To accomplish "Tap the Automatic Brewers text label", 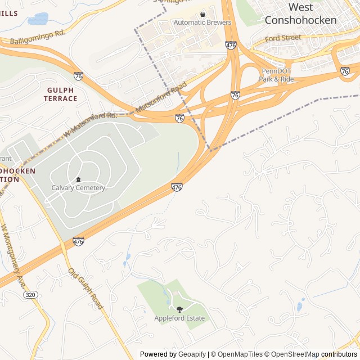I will coord(202,22).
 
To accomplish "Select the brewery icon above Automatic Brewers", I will coord(202,14).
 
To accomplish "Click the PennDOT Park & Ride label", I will coord(276,75).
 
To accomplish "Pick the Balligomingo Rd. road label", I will coord(38,37).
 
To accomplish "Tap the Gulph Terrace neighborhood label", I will coord(61,94).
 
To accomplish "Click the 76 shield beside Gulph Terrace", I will coord(78,76).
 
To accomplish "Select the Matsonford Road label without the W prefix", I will coord(160,97).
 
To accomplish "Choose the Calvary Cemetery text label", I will coord(78,188).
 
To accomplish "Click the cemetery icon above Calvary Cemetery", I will coord(78,179).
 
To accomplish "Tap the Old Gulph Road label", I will coord(86,288).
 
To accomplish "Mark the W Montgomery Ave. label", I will coord(13,254).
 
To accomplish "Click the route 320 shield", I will coord(31,294).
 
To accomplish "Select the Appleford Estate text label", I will coord(179,318).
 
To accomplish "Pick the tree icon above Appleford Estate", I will coord(179,309).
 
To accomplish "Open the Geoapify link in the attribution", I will coord(192,354).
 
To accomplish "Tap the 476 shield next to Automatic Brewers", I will coord(231,45).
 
